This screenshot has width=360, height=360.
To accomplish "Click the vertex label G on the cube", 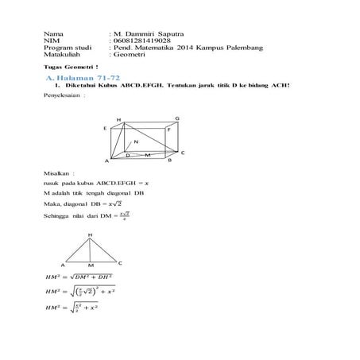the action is (x=176, y=118).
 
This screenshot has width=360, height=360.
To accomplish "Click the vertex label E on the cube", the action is (x=104, y=127).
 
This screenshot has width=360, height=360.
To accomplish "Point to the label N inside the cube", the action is (x=136, y=141).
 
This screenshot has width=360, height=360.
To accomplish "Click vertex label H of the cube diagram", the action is (x=119, y=120).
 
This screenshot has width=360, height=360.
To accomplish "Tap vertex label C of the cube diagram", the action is (x=183, y=152).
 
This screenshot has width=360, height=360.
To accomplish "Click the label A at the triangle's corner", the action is (x=62, y=263).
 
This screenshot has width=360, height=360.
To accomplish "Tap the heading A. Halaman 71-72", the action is (x=73, y=80).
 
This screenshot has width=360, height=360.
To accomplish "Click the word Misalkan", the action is (x=59, y=172).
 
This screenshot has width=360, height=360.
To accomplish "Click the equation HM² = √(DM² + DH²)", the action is (x=81, y=277).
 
